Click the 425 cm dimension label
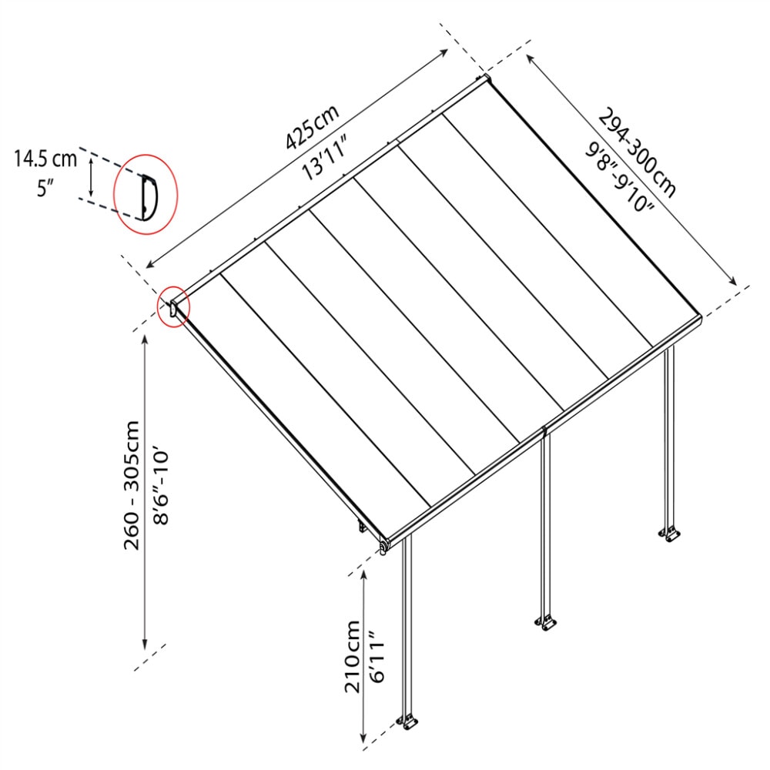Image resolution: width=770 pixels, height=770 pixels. (x=312, y=126)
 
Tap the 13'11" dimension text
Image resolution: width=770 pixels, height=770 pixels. (x=326, y=156)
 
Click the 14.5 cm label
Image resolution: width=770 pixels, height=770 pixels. (x=45, y=159)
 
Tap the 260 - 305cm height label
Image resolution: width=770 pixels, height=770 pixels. (x=132, y=485)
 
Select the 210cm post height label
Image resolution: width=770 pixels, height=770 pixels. (x=353, y=657)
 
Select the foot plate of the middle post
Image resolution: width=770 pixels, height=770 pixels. (x=546, y=621)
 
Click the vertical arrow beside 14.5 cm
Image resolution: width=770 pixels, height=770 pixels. (x=92, y=176)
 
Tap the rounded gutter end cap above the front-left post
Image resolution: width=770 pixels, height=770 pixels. (x=383, y=545)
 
